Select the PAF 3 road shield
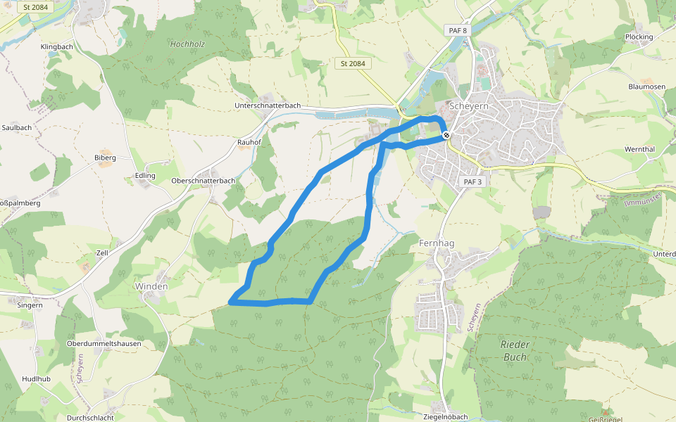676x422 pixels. point(472,181)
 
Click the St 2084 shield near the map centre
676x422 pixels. point(353,63)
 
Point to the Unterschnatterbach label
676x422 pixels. point(268,105)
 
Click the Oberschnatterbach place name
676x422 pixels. point(203,180)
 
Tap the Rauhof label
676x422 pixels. point(249,141)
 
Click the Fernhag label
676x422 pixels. point(437,243)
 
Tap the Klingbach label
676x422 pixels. point(57,46)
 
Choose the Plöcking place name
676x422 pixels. point(639,37)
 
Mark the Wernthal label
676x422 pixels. point(639,150)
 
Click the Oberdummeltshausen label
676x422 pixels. point(104,343)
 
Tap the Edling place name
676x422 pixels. point(145,176)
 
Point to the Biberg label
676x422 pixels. point(105,158)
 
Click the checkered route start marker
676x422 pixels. point(446,136)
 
